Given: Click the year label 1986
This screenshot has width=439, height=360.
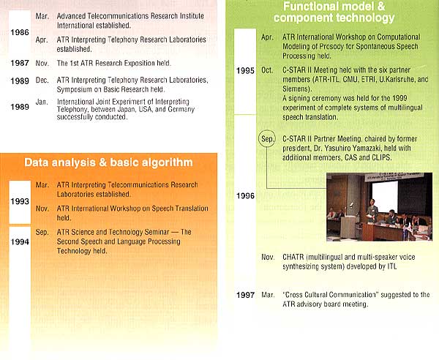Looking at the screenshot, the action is click(20, 32).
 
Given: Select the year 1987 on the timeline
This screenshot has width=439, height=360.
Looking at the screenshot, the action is click(20, 63).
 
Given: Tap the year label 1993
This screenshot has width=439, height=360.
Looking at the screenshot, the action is click(20, 201).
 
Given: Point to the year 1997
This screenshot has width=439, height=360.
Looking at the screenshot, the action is click(245, 295).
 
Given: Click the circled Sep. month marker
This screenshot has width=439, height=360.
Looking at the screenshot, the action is click(267, 138).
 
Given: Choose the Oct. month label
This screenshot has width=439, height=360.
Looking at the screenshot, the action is click(267, 70).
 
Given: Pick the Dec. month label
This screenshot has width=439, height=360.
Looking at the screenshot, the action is click(42, 80).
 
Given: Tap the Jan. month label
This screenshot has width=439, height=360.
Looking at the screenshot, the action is click(42, 102).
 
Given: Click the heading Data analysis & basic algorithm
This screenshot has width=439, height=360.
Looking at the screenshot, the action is click(108, 162).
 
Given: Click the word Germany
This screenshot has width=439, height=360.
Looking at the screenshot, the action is click(181, 109).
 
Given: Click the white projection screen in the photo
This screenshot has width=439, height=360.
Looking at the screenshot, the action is click(385, 197).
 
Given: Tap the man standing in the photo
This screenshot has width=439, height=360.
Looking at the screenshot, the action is click(372, 211).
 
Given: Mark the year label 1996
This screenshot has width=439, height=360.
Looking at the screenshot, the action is click(245, 195).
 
